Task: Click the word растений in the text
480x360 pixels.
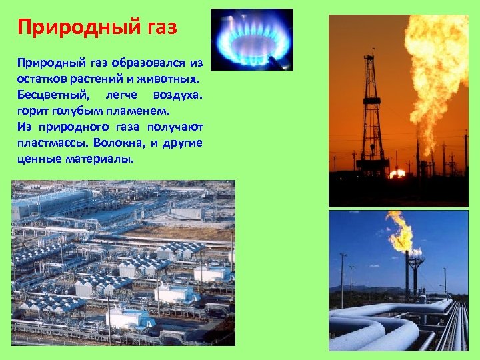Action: (x=102, y=79)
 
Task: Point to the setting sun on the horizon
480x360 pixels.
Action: (x=398, y=173)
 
